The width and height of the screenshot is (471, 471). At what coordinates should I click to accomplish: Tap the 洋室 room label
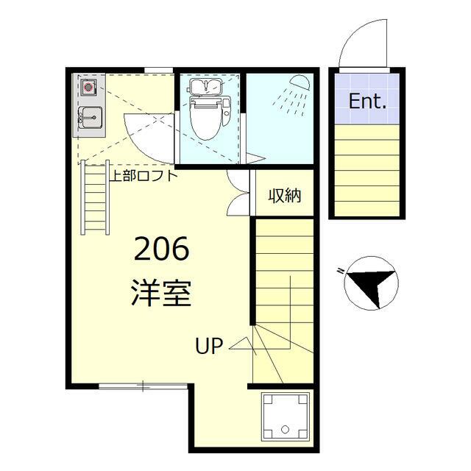(161, 292)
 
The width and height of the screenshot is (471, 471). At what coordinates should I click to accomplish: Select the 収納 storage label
(283, 196)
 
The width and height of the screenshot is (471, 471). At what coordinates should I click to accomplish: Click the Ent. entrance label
(367, 102)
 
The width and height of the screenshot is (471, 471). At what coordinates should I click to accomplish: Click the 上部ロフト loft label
(144, 176)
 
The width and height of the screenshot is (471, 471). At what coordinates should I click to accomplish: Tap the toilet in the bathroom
(205, 118)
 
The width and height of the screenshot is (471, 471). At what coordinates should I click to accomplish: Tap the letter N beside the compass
(341, 272)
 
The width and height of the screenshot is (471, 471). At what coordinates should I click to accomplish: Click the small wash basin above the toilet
(205, 88)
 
